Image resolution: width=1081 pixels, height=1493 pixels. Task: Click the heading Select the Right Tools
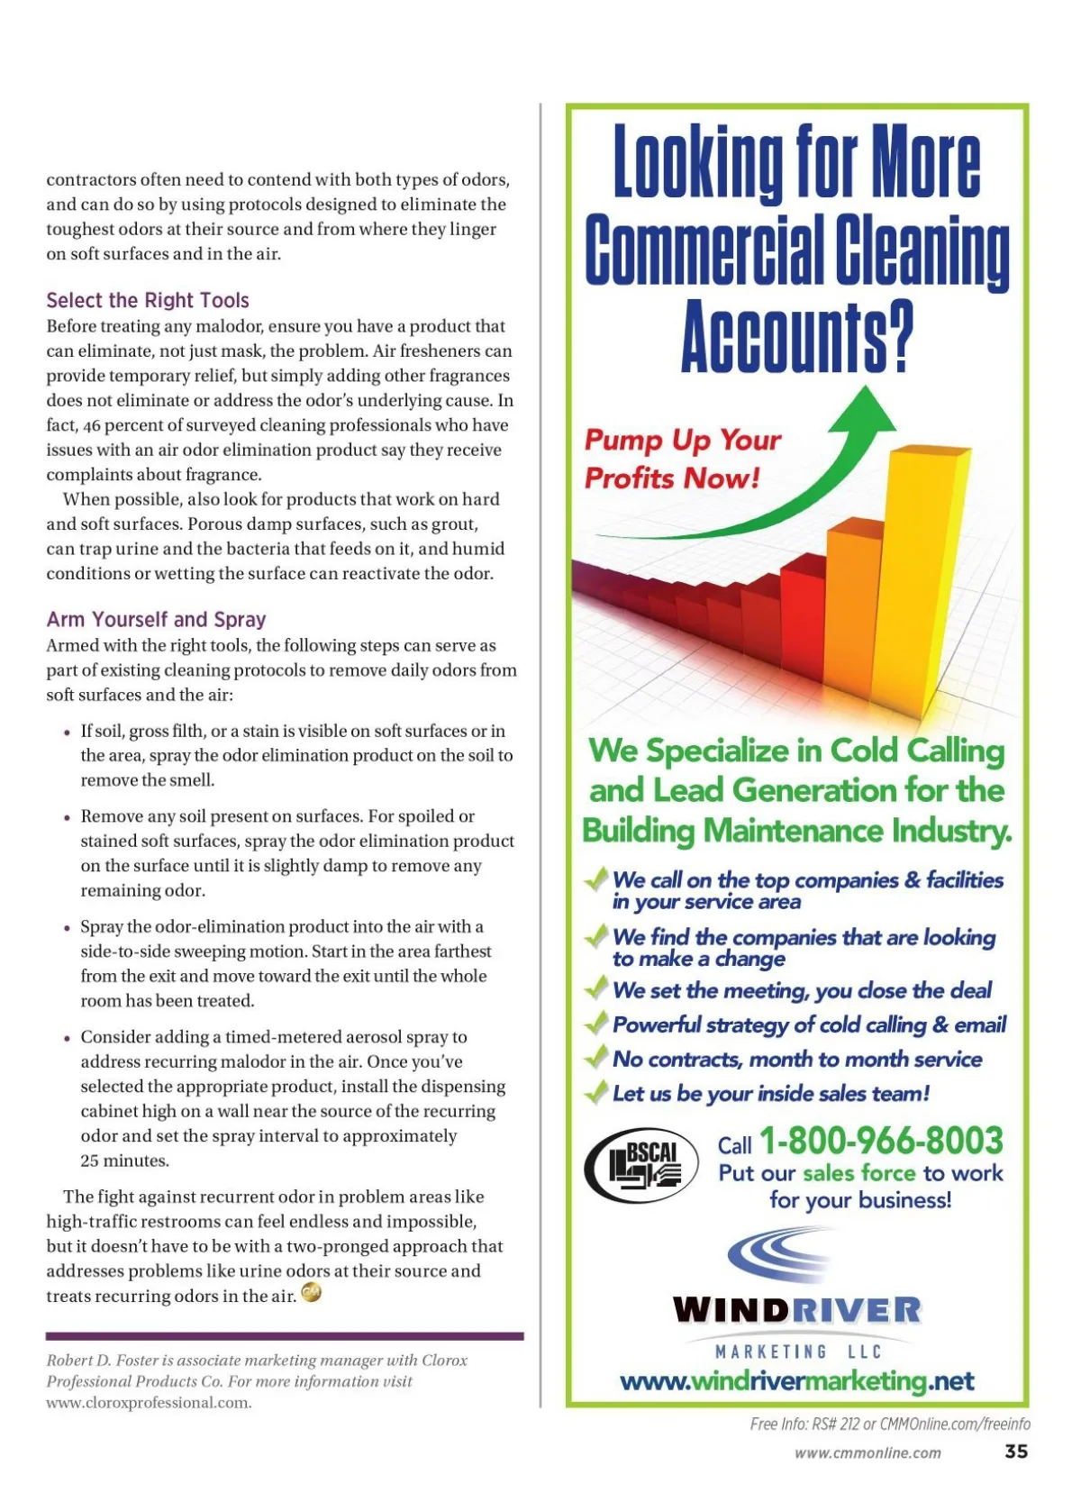[x=148, y=300]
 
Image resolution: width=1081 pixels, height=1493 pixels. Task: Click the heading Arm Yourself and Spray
[x=156, y=619]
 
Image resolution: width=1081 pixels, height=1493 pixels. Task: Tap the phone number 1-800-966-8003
[x=881, y=1141]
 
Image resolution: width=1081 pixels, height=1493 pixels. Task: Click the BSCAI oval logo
[x=641, y=1167]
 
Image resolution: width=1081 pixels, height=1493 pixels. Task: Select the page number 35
[x=1016, y=1451]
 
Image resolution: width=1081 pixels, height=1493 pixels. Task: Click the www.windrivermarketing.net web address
[x=797, y=1380]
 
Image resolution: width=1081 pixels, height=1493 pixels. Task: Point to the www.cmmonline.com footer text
[x=868, y=1452]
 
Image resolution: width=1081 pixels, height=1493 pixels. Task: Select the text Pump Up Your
[x=682, y=440]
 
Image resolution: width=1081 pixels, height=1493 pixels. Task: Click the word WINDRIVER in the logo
[x=796, y=1309]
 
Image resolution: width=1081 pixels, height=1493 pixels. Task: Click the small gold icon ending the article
[x=311, y=1293]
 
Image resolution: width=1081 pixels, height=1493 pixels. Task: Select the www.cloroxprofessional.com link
[x=149, y=1402]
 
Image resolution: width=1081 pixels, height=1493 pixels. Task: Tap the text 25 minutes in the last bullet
[x=124, y=1161]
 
